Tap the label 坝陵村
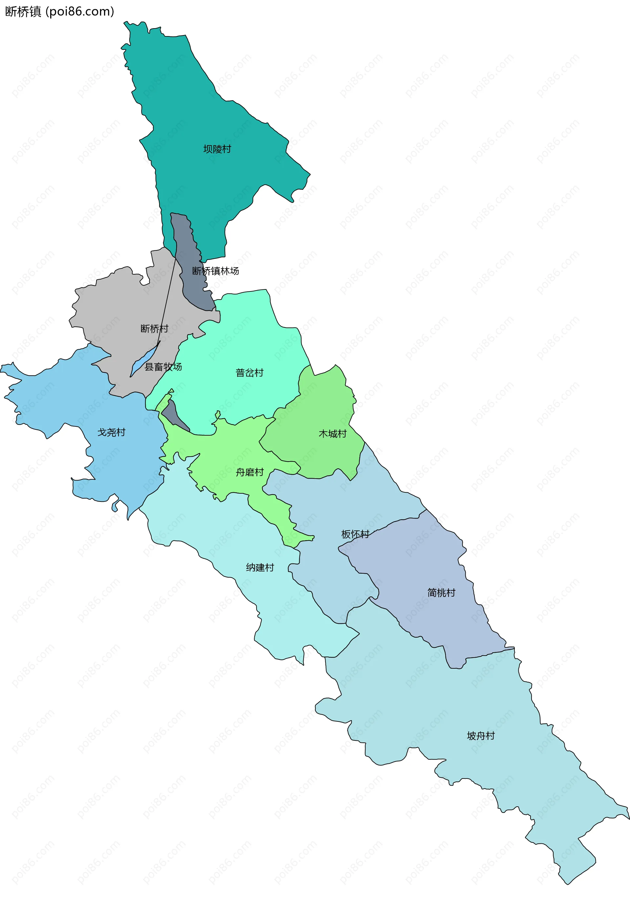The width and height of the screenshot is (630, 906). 217,149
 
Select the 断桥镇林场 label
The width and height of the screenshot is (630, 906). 216,271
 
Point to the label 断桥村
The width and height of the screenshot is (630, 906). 154,328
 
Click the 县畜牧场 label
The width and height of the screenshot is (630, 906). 163,367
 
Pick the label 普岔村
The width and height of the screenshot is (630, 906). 249,373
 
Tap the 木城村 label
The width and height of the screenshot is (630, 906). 333,434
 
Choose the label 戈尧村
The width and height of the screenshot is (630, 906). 111,432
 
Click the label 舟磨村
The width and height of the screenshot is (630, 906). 249,472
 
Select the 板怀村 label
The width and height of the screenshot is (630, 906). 355,534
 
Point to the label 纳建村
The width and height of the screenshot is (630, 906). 260,567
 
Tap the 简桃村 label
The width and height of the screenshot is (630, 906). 441,593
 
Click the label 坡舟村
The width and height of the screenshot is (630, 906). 481,736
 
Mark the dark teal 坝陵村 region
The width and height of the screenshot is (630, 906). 198,118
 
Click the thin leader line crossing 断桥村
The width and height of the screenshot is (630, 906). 168,300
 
